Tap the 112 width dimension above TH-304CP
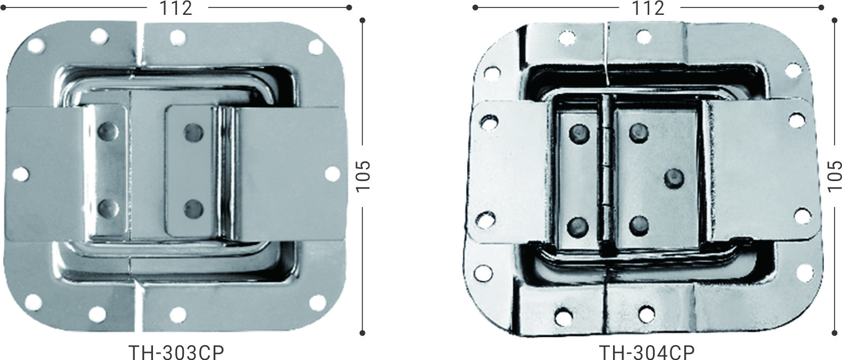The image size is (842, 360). (x=648, y=8)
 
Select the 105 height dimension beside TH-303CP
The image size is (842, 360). (x=362, y=176)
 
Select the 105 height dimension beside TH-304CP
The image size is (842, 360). (x=835, y=176)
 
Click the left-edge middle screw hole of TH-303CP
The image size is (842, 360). (x=20, y=173)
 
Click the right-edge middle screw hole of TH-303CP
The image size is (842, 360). (x=332, y=173)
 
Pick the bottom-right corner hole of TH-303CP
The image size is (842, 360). (x=317, y=303)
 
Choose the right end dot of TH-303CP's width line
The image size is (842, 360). (x=348, y=7)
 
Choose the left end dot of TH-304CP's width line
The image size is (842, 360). (x=475, y=7)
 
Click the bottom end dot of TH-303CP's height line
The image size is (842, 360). (x=362, y=333)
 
